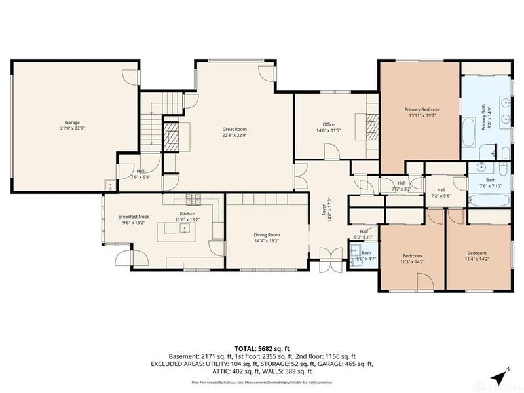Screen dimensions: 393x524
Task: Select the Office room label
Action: pos(328,124)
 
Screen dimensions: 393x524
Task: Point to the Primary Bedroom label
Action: pos(422,109)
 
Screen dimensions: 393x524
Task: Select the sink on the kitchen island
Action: pos(185,229)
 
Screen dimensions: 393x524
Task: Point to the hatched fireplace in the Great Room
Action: pos(171,138)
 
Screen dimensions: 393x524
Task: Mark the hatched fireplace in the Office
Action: pos(371,124)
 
